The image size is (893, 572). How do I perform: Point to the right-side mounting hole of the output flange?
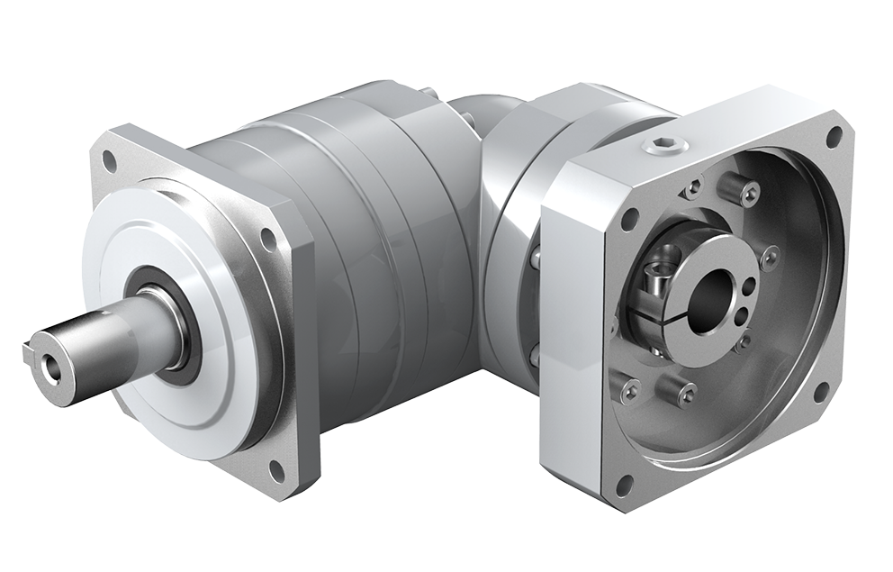tap(266, 238)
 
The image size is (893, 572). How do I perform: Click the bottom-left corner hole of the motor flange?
tap(620, 489)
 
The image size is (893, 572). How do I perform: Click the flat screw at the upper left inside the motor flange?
tap(692, 190)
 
